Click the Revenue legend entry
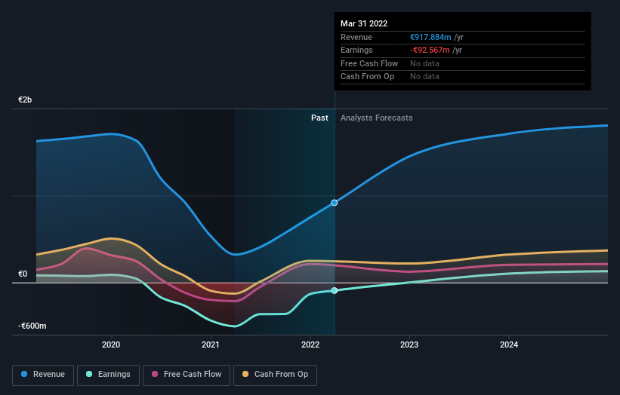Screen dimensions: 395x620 (43, 374)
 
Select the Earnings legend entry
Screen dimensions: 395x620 (108, 374)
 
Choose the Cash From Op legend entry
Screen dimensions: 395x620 (275, 374)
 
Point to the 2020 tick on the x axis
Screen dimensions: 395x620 (112, 345)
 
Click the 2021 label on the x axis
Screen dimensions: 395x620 (211, 345)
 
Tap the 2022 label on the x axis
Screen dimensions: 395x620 (310, 345)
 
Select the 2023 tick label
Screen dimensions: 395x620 (409, 345)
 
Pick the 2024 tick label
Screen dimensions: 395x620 (509, 345)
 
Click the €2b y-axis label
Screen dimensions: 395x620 (26, 100)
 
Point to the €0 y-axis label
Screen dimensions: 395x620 (23, 274)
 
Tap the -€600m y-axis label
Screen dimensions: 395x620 (32, 326)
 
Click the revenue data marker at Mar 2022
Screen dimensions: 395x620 (335, 203)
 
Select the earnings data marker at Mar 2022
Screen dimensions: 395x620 (335, 291)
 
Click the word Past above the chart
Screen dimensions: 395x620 (319, 118)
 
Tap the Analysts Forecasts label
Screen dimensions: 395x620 (377, 118)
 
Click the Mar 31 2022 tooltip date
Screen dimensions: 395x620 (365, 23)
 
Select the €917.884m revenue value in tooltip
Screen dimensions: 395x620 (430, 37)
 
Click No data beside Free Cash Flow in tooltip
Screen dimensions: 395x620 (425, 63)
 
